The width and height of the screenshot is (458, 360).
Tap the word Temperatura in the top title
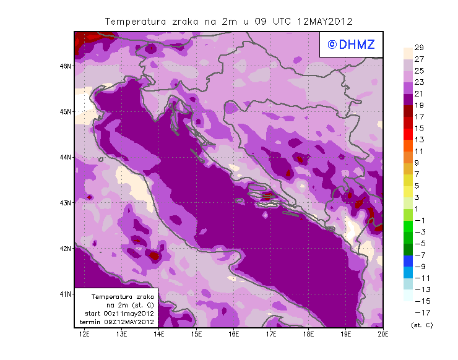tap(136, 21)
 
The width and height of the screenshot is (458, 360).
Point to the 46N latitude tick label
tap(66, 66)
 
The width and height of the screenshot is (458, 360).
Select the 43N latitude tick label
tap(66, 202)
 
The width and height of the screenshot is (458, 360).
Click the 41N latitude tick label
tap(66, 294)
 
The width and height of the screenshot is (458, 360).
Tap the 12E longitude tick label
tap(84, 335)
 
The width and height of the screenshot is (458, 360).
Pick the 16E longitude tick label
tap(234, 335)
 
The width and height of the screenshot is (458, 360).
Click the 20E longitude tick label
tap(383, 335)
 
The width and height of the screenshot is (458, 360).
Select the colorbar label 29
tap(419, 48)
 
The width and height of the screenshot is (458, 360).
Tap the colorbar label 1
tap(419, 208)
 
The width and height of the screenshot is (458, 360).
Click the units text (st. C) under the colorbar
tap(421, 325)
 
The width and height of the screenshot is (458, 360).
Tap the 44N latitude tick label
tap(66, 157)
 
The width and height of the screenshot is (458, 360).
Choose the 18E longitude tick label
tap(308, 335)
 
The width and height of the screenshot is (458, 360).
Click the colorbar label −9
tap(419, 266)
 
